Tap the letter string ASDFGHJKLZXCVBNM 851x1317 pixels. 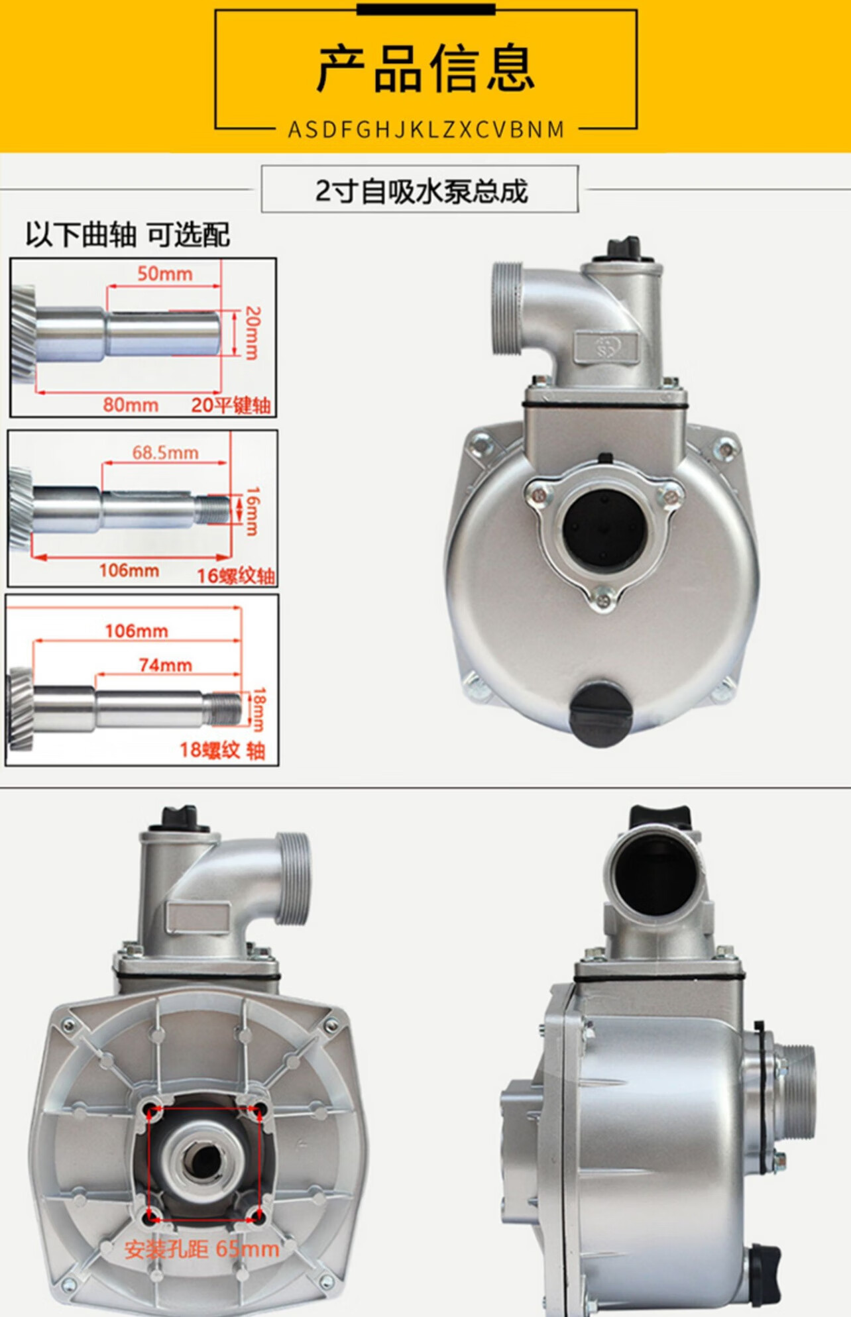(426, 129)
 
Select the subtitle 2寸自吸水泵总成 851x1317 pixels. (421, 191)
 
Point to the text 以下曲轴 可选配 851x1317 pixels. (128, 235)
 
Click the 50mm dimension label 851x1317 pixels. (165, 274)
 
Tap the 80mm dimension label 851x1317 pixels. (131, 404)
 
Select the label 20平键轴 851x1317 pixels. (231, 405)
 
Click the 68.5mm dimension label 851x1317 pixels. (165, 452)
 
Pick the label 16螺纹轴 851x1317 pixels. (236, 576)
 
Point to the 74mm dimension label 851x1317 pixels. (166, 664)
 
